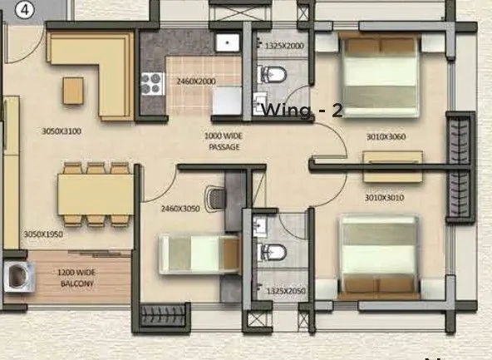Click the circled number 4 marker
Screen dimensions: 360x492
tap(24, 11)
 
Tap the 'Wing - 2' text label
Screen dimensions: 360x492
tap(302, 110)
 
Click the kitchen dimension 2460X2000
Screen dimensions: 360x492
tap(195, 81)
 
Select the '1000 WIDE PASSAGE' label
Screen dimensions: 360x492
tap(224, 141)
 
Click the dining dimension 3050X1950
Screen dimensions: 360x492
tap(44, 235)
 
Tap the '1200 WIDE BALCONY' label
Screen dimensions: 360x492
tap(76, 278)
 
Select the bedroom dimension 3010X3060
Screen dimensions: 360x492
tap(385, 137)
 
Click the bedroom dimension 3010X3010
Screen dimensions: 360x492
tap(384, 198)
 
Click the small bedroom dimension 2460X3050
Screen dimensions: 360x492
tap(181, 209)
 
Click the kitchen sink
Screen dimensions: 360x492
tap(226, 43)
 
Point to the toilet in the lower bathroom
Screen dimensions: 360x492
tap(273, 252)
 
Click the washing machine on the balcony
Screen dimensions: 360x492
tap(17, 276)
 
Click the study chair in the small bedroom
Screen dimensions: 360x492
tap(216, 197)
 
